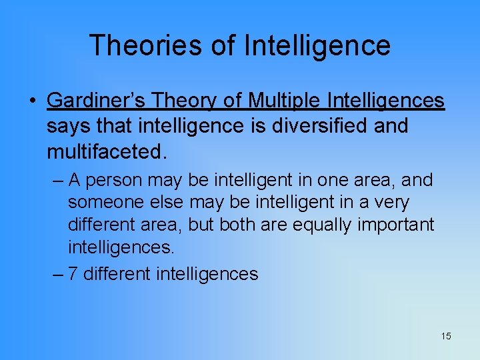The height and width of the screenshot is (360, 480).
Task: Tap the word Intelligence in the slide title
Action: (x=317, y=45)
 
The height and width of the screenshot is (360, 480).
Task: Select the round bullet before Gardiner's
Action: (x=31, y=101)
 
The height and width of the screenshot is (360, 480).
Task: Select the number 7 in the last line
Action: (x=73, y=274)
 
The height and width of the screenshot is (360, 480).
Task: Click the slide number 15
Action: (x=446, y=336)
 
